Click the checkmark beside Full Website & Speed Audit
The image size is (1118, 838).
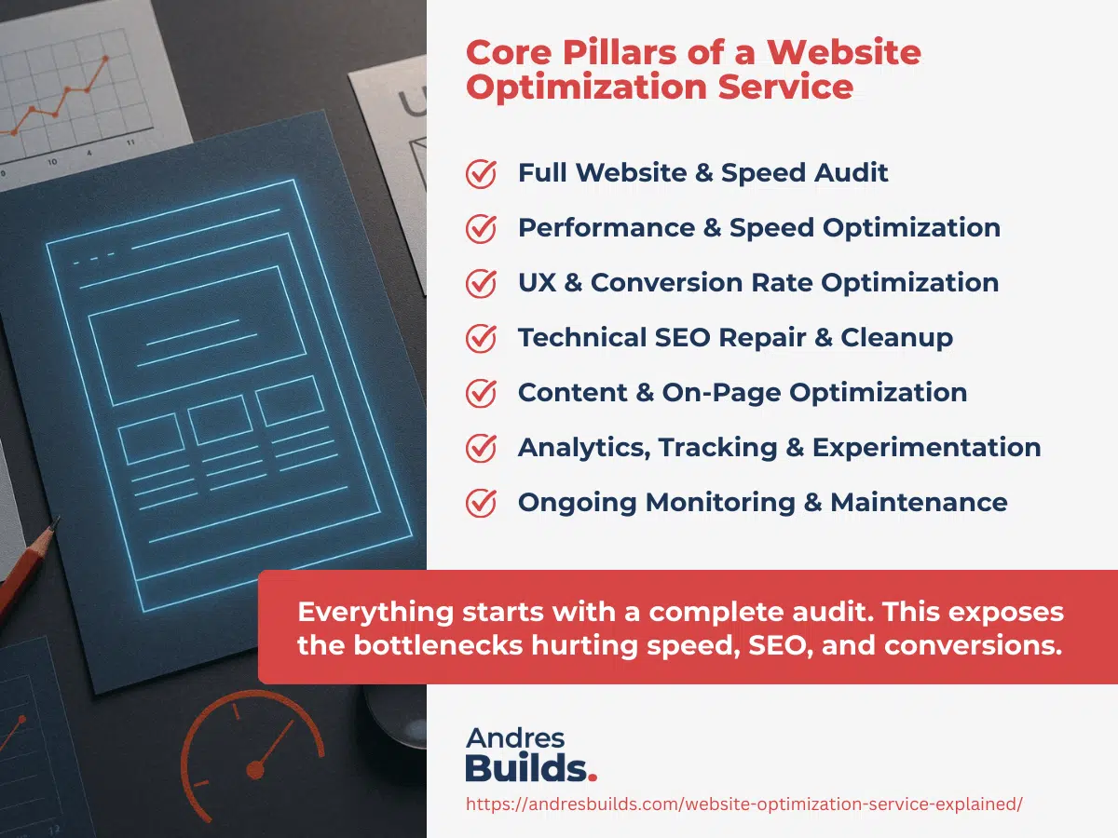(481, 174)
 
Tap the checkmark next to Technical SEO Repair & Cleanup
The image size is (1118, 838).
(481, 339)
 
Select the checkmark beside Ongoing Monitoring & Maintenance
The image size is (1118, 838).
(481, 504)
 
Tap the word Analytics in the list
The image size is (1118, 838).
(583, 448)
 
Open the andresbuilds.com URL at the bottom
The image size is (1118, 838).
(743, 804)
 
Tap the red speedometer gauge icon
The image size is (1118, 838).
(252, 745)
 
